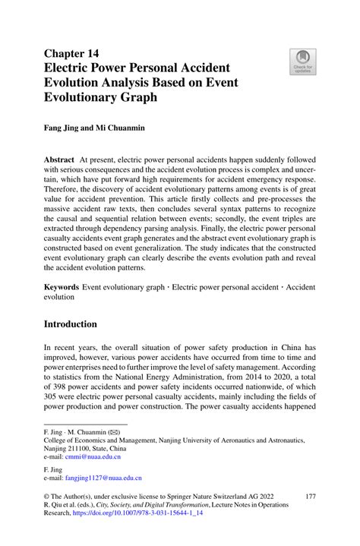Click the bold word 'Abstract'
click(x=59, y=160)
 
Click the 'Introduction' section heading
click(x=81, y=324)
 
